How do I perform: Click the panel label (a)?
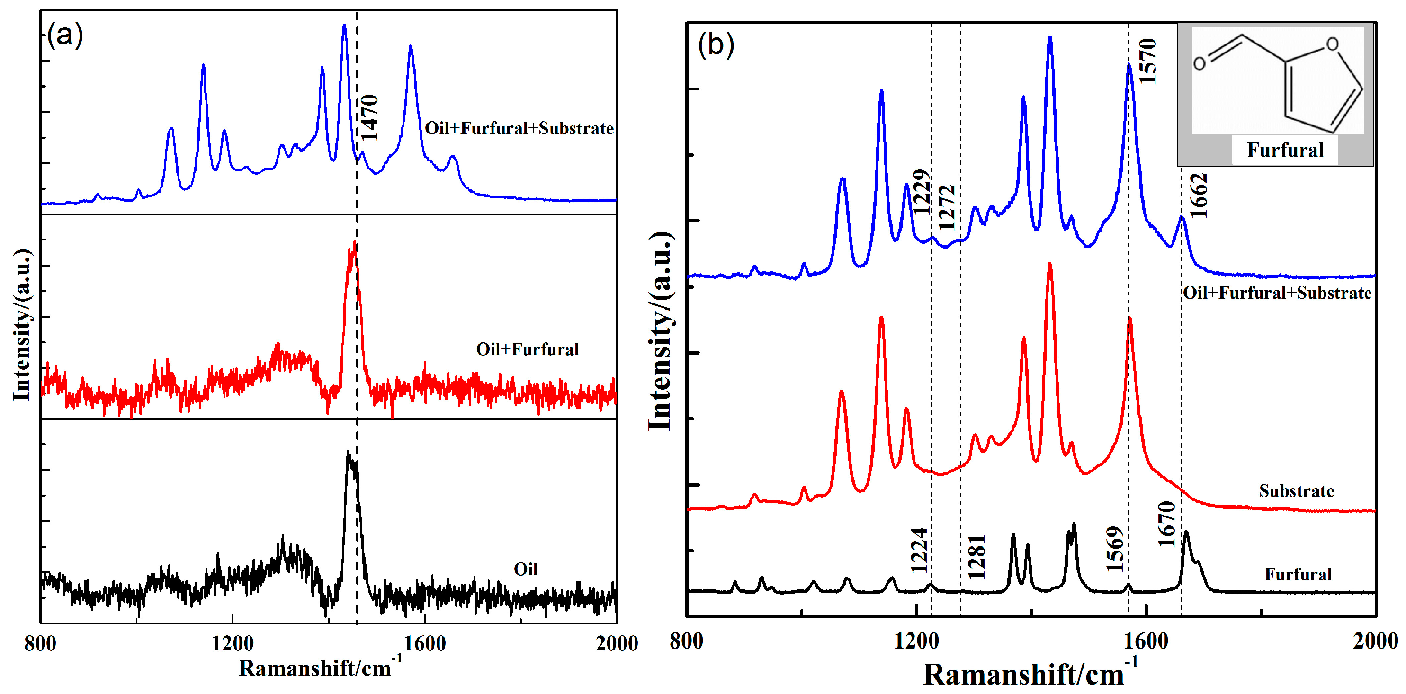pyautogui.click(x=65, y=36)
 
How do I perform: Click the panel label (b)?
pyautogui.click(x=716, y=45)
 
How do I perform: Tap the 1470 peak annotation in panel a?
pyautogui.click(x=369, y=117)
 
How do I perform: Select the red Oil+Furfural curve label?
pyautogui.click(x=527, y=349)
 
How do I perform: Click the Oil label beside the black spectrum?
pyautogui.click(x=525, y=569)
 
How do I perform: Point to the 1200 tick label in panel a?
pyautogui.click(x=233, y=643)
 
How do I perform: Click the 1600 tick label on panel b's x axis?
pyautogui.click(x=1146, y=641)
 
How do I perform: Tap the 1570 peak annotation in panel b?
pyautogui.click(x=1148, y=61)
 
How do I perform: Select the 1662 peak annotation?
pyautogui.click(x=1199, y=196)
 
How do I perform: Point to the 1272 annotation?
pyautogui.click(x=947, y=207)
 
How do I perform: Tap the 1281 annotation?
pyautogui.click(x=976, y=557)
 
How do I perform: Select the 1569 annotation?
pyautogui.click(x=1115, y=548)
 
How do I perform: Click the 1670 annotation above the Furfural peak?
pyautogui.click(x=1166, y=524)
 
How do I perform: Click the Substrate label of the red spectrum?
pyautogui.click(x=1296, y=491)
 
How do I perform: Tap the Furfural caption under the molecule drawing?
pyautogui.click(x=1285, y=150)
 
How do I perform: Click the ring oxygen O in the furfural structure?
pyautogui.click(x=1332, y=44)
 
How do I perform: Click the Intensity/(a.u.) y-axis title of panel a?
pyautogui.click(x=22, y=325)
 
